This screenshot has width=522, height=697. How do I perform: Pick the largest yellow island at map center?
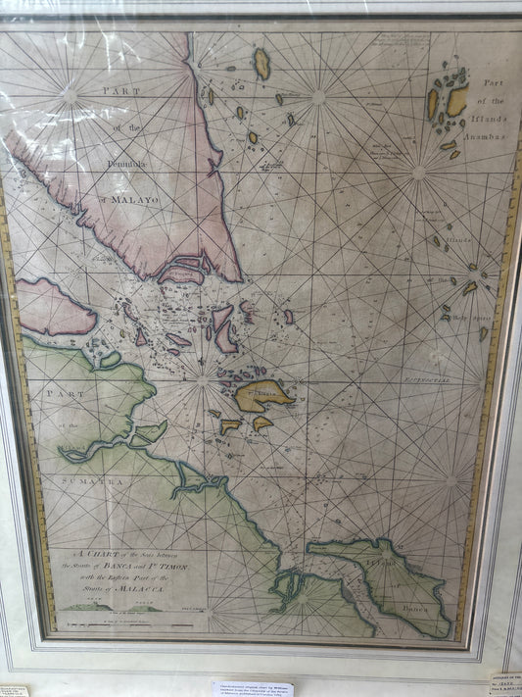pyautogui.click(x=261, y=395)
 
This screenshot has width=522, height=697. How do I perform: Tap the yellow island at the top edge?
pyautogui.click(x=261, y=64)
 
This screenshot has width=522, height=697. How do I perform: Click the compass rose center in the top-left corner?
pyautogui.click(x=70, y=95)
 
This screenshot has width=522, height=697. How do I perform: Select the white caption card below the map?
pyautogui.click(x=253, y=688)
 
